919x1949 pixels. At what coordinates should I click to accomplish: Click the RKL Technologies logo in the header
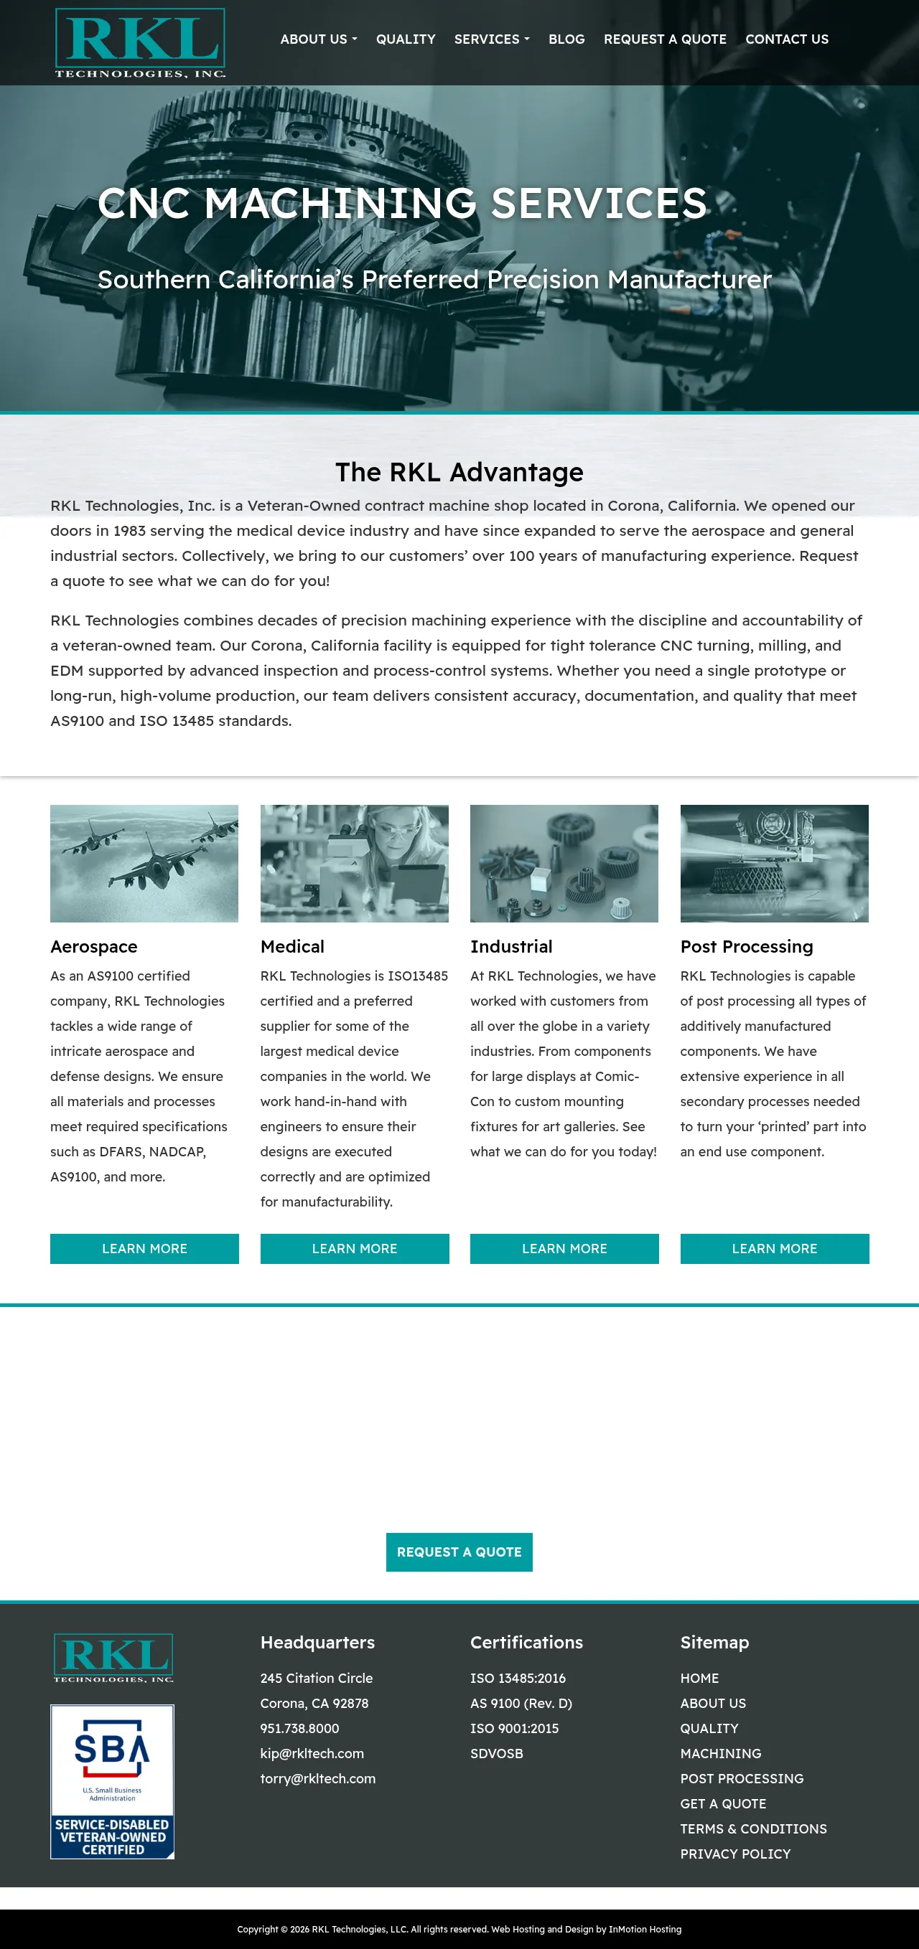pyautogui.click(x=140, y=42)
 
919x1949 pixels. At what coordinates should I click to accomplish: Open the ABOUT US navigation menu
pyautogui.click(x=318, y=39)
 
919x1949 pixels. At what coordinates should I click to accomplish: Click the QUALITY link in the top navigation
pyautogui.click(x=406, y=39)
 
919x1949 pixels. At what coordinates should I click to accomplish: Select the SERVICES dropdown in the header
pyautogui.click(x=491, y=39)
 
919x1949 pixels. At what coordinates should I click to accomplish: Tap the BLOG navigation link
pyautogui.click(x=566, y=39)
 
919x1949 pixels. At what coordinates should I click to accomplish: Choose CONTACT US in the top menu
pyautogui.click(x=786, y=39)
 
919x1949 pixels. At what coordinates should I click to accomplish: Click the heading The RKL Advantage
pyautogui.click(x=459, y=472)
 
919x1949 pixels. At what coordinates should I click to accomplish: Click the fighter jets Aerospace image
pyautogui.click(x=144, y=863)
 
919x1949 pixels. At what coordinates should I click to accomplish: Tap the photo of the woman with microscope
pyautogui.click(x=354, y=863)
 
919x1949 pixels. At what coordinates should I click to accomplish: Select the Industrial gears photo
pyautogui.click(x=564, y=863)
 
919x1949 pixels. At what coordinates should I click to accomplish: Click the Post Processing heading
pyautogui.click(x=747, y=946)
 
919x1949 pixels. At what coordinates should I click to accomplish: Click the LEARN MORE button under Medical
pyautogui.click(x=354, y=1248)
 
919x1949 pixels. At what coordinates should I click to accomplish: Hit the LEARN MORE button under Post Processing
pyautogui.click(x=775, y=1248)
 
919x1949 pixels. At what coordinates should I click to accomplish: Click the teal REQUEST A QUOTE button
pyautogui.click(x=459, y=1552)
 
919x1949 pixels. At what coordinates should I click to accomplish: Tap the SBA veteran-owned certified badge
pyautogui.click(x=112, y=1781)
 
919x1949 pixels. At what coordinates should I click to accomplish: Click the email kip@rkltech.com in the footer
pyautogui.click(x=312, y=1753)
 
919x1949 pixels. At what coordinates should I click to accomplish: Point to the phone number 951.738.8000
pyautogui.click(x=300, y=1728)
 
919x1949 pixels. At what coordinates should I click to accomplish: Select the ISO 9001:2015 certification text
pyautogui.click(x=514, y=1728)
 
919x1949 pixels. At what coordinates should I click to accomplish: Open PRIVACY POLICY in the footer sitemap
pyautogui.click(x=735, y=1854)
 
